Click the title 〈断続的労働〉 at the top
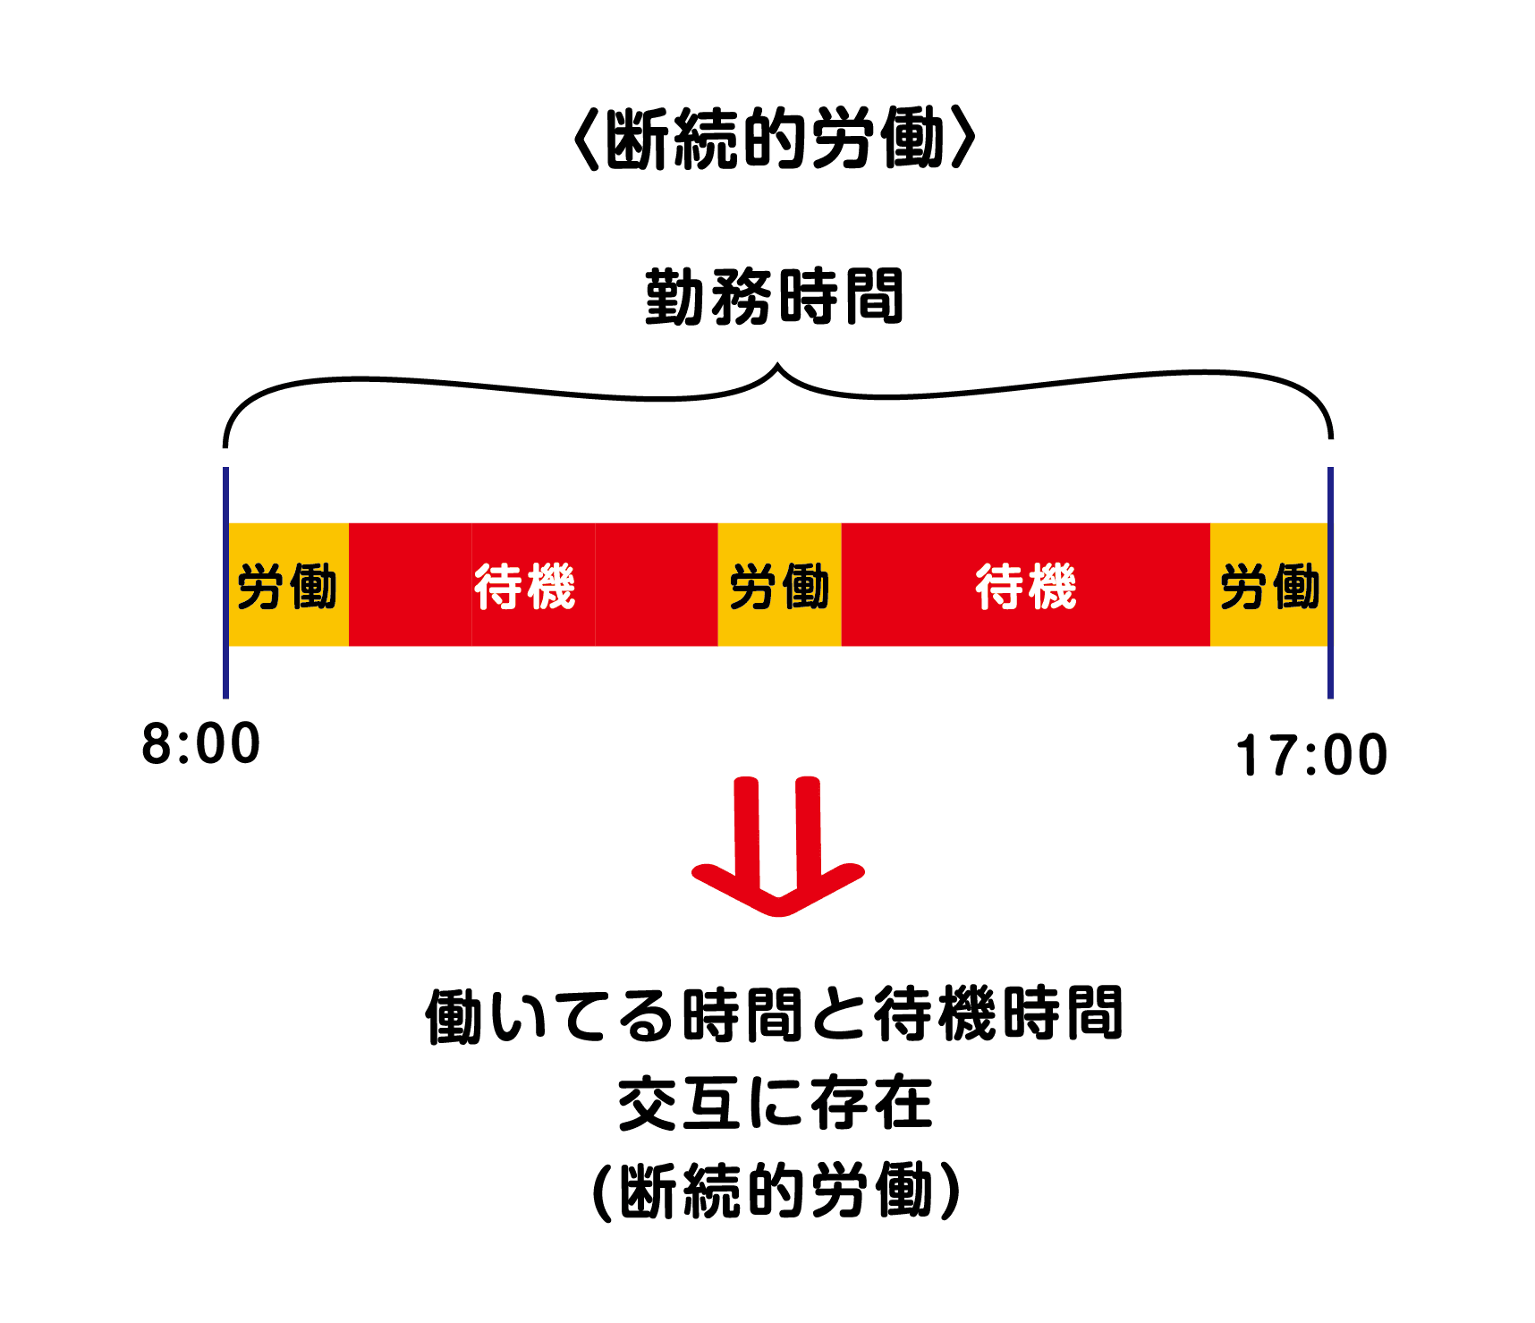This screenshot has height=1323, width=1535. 775,139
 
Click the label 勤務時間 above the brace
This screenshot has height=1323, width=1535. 775,297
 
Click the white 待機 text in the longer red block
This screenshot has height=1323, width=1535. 1026,586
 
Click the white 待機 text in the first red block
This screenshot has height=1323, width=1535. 525,586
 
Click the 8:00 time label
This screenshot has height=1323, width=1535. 201,744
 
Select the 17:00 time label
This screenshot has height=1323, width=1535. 1311,756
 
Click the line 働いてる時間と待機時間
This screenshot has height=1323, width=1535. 775,1014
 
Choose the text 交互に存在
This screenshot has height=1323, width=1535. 775,1103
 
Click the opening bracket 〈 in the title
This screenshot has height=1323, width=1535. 586,139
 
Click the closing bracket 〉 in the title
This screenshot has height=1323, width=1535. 963,139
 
